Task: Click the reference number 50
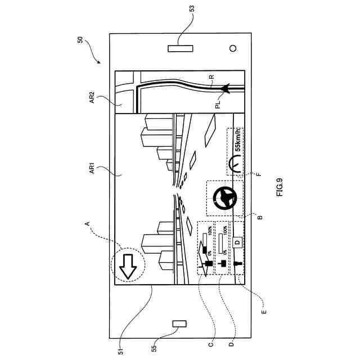[81, 40]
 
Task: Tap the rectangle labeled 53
[180, 48]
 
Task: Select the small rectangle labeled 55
[179, 323]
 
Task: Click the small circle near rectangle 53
[232, 48]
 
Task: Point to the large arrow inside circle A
[128, 264]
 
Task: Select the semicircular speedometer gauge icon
[236, 165]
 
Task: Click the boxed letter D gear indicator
[237, 242]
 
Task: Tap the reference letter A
[88, 224]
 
